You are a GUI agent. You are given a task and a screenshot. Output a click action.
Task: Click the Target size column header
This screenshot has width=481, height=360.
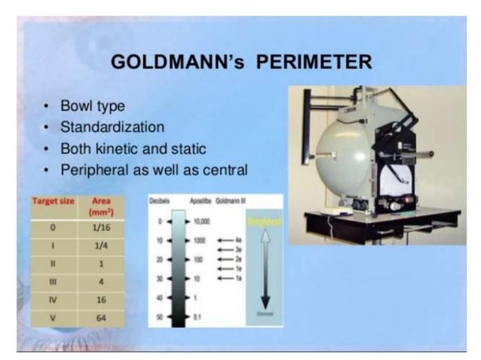point(54,203)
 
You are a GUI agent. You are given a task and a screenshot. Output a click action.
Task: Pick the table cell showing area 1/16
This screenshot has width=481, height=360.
point(101,224)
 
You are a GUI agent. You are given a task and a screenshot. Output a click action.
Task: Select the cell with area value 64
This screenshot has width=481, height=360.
point(101,318)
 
